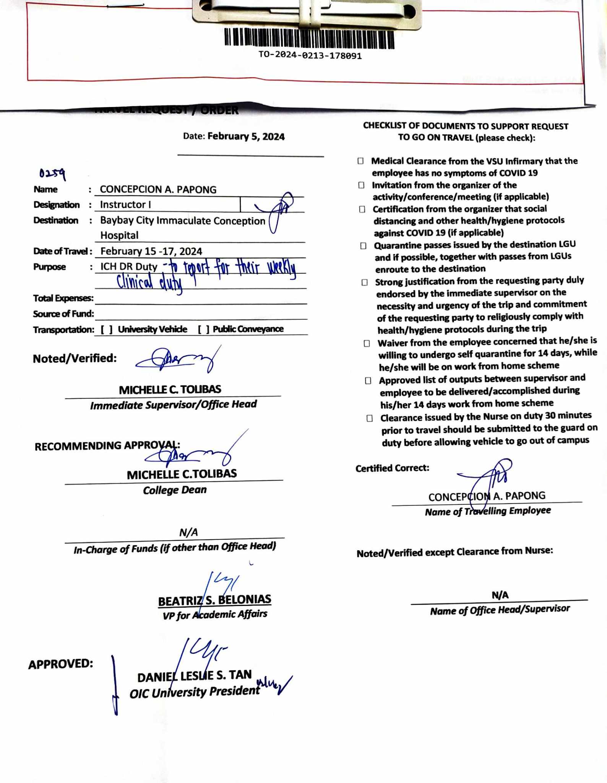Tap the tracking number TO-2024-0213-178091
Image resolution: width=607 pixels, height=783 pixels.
[310, 56]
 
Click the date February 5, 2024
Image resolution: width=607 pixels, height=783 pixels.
[246, 137]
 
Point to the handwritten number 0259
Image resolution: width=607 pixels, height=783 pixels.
[52, 174]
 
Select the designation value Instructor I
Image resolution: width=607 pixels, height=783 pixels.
[125, 205]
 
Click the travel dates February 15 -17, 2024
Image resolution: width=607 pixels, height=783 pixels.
[151, 251]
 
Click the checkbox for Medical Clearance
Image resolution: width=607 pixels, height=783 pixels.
[360, 161]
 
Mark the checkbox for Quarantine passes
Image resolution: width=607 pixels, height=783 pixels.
[363, 245]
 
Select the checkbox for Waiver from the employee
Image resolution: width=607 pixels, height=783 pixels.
[367, 343]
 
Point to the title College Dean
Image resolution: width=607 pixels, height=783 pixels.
[175, 490]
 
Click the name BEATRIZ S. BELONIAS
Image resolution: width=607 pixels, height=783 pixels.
[215, 600]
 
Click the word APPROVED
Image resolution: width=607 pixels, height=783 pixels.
[60, 664]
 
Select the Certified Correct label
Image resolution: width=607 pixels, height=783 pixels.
[392, 468]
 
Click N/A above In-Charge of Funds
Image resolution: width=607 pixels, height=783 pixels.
[188, 532]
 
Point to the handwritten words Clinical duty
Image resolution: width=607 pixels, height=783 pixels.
[149, 283]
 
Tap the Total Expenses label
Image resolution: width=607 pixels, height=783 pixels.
[63, 298]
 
